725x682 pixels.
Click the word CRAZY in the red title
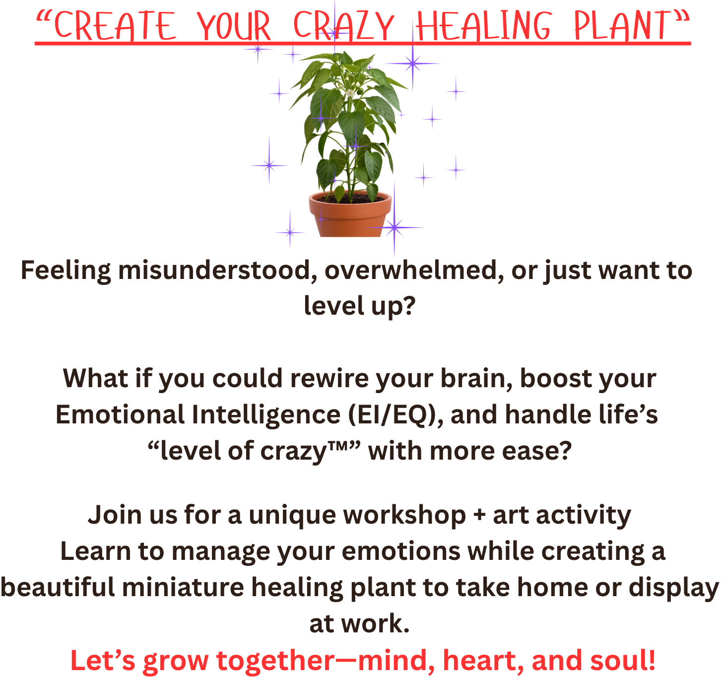[x=343, y=26]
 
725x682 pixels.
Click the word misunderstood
[x=217, y=271]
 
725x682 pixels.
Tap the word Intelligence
[x=266, y=415]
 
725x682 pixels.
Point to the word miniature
[x=183, y=587]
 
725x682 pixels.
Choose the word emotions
[x=400, y=551]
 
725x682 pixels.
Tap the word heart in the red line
[x=483, y=661]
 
